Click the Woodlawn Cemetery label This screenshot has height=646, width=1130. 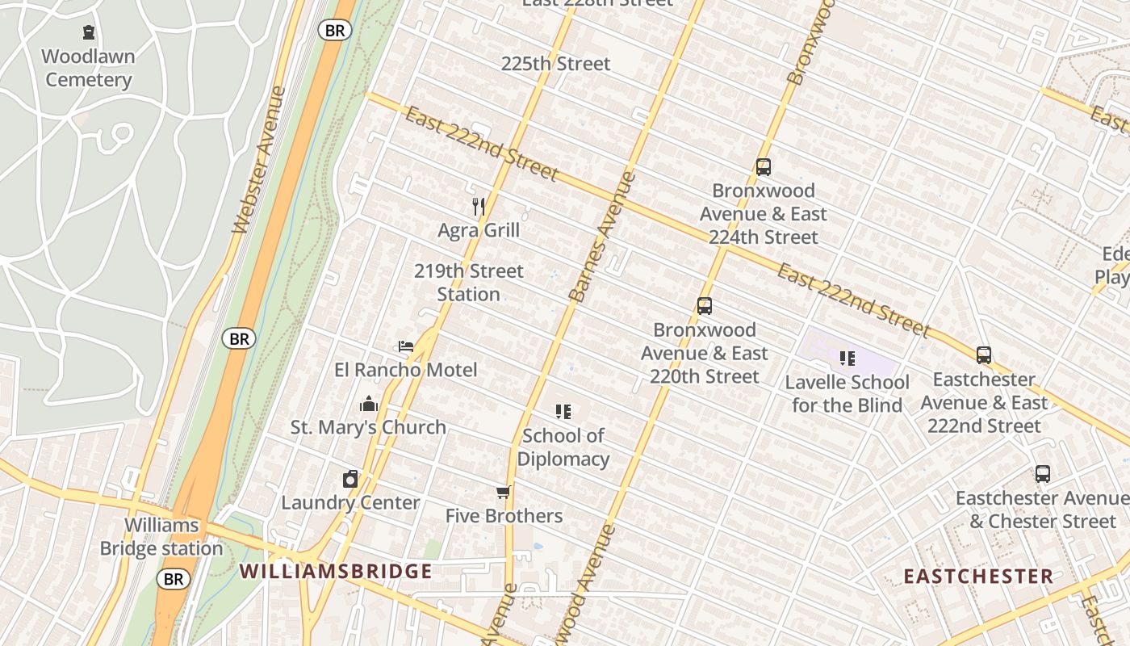tap(89, 68)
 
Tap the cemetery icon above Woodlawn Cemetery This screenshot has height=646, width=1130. tap(88, 32)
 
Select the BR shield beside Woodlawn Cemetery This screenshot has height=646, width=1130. tap(334, 31)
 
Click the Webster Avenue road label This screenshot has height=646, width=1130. tap(261, 160)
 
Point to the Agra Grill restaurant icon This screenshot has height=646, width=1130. tap(479, 207)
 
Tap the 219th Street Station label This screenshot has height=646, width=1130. tap(469, 283)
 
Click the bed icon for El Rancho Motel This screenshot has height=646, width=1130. tap(406, 346)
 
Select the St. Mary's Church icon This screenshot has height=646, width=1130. tap(369, 404)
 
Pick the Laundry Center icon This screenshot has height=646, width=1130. tap(350, 479)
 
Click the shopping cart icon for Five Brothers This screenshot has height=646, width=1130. tap(504, 492)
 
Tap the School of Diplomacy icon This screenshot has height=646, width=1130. tap(563, 412)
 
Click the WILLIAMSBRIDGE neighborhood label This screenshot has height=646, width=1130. tap(336, 572)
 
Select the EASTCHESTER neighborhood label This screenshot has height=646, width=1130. tap(978, 576)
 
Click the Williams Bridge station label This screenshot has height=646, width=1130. tap(161, 537)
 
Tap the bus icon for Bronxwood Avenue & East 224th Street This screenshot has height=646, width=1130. tap(764, 167)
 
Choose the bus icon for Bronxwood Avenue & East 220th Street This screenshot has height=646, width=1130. tap(705, 306)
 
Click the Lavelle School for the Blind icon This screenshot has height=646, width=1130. tap(847, 358)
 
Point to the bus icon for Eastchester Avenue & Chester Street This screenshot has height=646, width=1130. tap(1043, 474)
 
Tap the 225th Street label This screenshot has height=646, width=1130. tap(555, 64)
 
